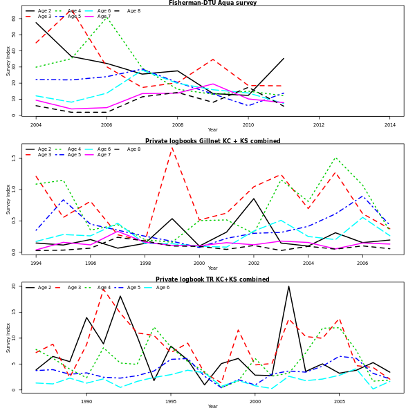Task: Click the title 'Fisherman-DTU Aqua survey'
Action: click(212, 3)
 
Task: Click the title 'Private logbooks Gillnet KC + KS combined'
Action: click(212, 141)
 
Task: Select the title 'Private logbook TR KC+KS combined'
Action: click(212, 279)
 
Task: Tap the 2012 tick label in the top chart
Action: click(319, 124)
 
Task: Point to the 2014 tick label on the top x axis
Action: click(390, 124)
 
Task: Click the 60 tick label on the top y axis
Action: click(14, 19)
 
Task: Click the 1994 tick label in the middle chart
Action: click(35, 263)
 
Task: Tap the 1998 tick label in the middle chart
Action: click(145, 263)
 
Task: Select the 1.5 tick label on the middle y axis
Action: click(14, 158)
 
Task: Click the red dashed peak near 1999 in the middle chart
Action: click(172, 147)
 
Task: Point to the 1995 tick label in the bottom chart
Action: click(171, 401)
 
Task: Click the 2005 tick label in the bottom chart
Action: click(340, 401)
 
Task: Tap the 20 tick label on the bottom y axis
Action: click(14, 286)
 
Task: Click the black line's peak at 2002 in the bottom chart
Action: click(289, 286)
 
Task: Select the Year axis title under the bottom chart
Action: click(212, 407)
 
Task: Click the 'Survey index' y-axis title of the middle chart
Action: click(8, 199)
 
